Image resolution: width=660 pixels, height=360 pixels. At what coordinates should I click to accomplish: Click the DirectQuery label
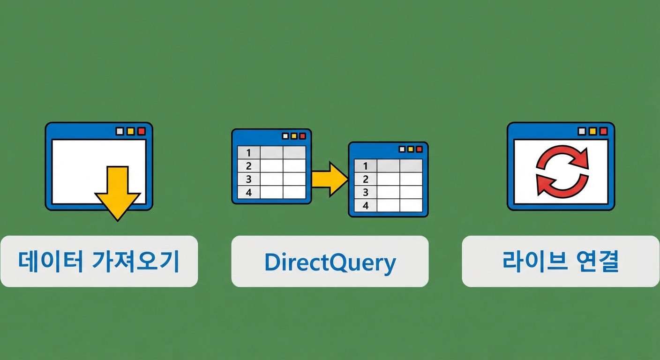coord(330,262)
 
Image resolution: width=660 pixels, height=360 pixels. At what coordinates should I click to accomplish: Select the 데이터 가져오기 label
coord(99,261)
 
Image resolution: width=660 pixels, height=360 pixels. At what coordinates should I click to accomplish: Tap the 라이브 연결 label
coord(561,261)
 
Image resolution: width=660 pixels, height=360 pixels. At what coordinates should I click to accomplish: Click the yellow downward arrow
coord(117,194)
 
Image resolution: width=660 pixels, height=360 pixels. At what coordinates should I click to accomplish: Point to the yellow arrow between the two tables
coord(330,179)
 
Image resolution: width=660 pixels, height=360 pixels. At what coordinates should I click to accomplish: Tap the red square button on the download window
coord(142,131)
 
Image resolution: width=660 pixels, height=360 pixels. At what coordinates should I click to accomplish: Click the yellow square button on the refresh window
coord(593,131)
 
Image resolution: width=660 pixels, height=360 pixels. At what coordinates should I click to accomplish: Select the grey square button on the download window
coord(120,131)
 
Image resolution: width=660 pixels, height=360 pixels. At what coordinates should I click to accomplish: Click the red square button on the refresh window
coord(604,131)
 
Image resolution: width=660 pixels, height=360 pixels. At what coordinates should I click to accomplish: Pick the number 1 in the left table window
coord(249,153)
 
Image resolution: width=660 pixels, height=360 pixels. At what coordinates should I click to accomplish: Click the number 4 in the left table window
coord(249,192)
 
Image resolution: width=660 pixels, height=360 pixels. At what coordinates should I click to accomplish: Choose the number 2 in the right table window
coord(366,179)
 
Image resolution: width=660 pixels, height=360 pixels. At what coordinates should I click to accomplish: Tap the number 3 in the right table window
coord(366,192)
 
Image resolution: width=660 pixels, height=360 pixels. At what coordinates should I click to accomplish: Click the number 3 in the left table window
coord(249,179)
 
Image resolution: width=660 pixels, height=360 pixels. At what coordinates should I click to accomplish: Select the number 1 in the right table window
coord(366,166)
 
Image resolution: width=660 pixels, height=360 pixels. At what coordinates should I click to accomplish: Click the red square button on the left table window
coord(303,136)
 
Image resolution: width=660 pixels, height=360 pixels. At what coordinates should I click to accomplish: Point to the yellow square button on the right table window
coord(411,149)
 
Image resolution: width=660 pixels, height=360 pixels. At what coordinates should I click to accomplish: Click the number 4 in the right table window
coord(366,206)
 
